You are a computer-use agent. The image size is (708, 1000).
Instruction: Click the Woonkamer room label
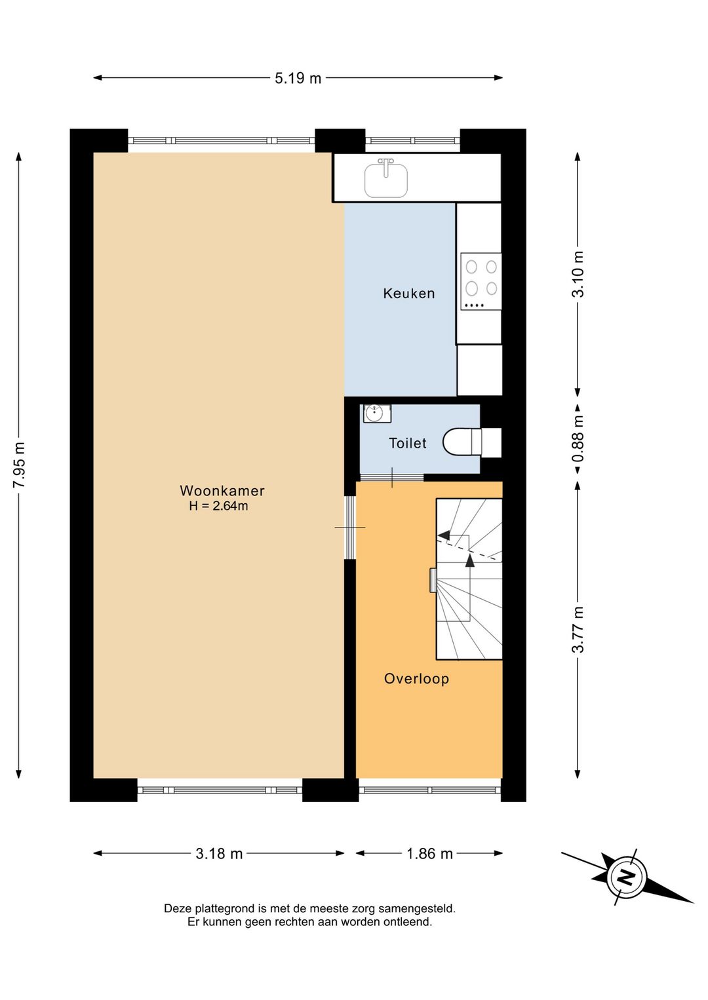pos(222,491)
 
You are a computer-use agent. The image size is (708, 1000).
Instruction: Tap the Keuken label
pos(408,294)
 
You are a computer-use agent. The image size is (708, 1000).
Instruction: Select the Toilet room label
pos(407,443)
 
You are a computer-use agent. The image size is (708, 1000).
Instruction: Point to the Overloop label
pos(416,679)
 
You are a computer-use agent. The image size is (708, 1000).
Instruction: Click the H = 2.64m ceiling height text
pos(218,506)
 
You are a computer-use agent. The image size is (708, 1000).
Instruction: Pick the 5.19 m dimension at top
pos(298,78)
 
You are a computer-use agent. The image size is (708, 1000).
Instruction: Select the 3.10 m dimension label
pos(578,274)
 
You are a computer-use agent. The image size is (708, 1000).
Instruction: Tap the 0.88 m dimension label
pos(578,438)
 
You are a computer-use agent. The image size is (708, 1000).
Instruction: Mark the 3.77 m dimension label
pos(578,630)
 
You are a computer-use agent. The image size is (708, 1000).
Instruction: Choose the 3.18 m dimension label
pos(219,854)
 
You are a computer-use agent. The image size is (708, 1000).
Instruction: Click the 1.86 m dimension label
pos(429,854)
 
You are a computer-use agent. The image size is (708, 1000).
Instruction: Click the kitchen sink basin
pos(386,180)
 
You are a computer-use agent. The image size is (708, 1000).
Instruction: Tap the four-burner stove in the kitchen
pos(481,281)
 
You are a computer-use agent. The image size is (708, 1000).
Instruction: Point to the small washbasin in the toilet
pos(377,413)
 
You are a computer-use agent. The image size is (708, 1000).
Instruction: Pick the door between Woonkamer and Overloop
pos(350,528)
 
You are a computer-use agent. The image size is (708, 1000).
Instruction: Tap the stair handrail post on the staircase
pos(433,581)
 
